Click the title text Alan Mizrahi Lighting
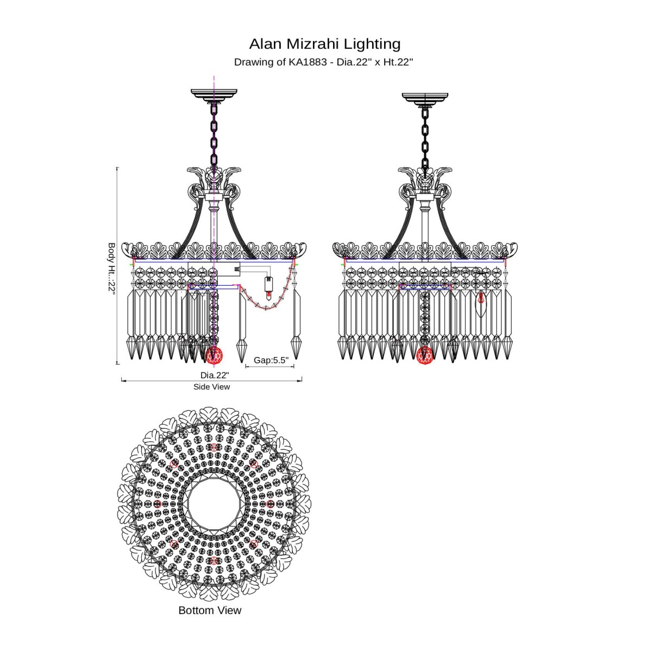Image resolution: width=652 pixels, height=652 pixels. [x=325, y=44]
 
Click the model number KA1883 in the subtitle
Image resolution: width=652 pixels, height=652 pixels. [x=308, y=62]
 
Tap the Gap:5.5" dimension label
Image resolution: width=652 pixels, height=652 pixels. [x=271, y=360]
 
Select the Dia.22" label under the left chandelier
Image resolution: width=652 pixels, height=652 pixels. [x=215, y=375]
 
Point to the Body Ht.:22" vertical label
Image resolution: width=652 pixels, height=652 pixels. [x=111, y=268]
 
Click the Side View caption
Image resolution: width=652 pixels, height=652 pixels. [x=211, y=387]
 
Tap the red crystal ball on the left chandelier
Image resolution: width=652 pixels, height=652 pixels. [x=214, y=355]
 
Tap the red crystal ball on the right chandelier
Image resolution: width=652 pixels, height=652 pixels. [x=425, y=355]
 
